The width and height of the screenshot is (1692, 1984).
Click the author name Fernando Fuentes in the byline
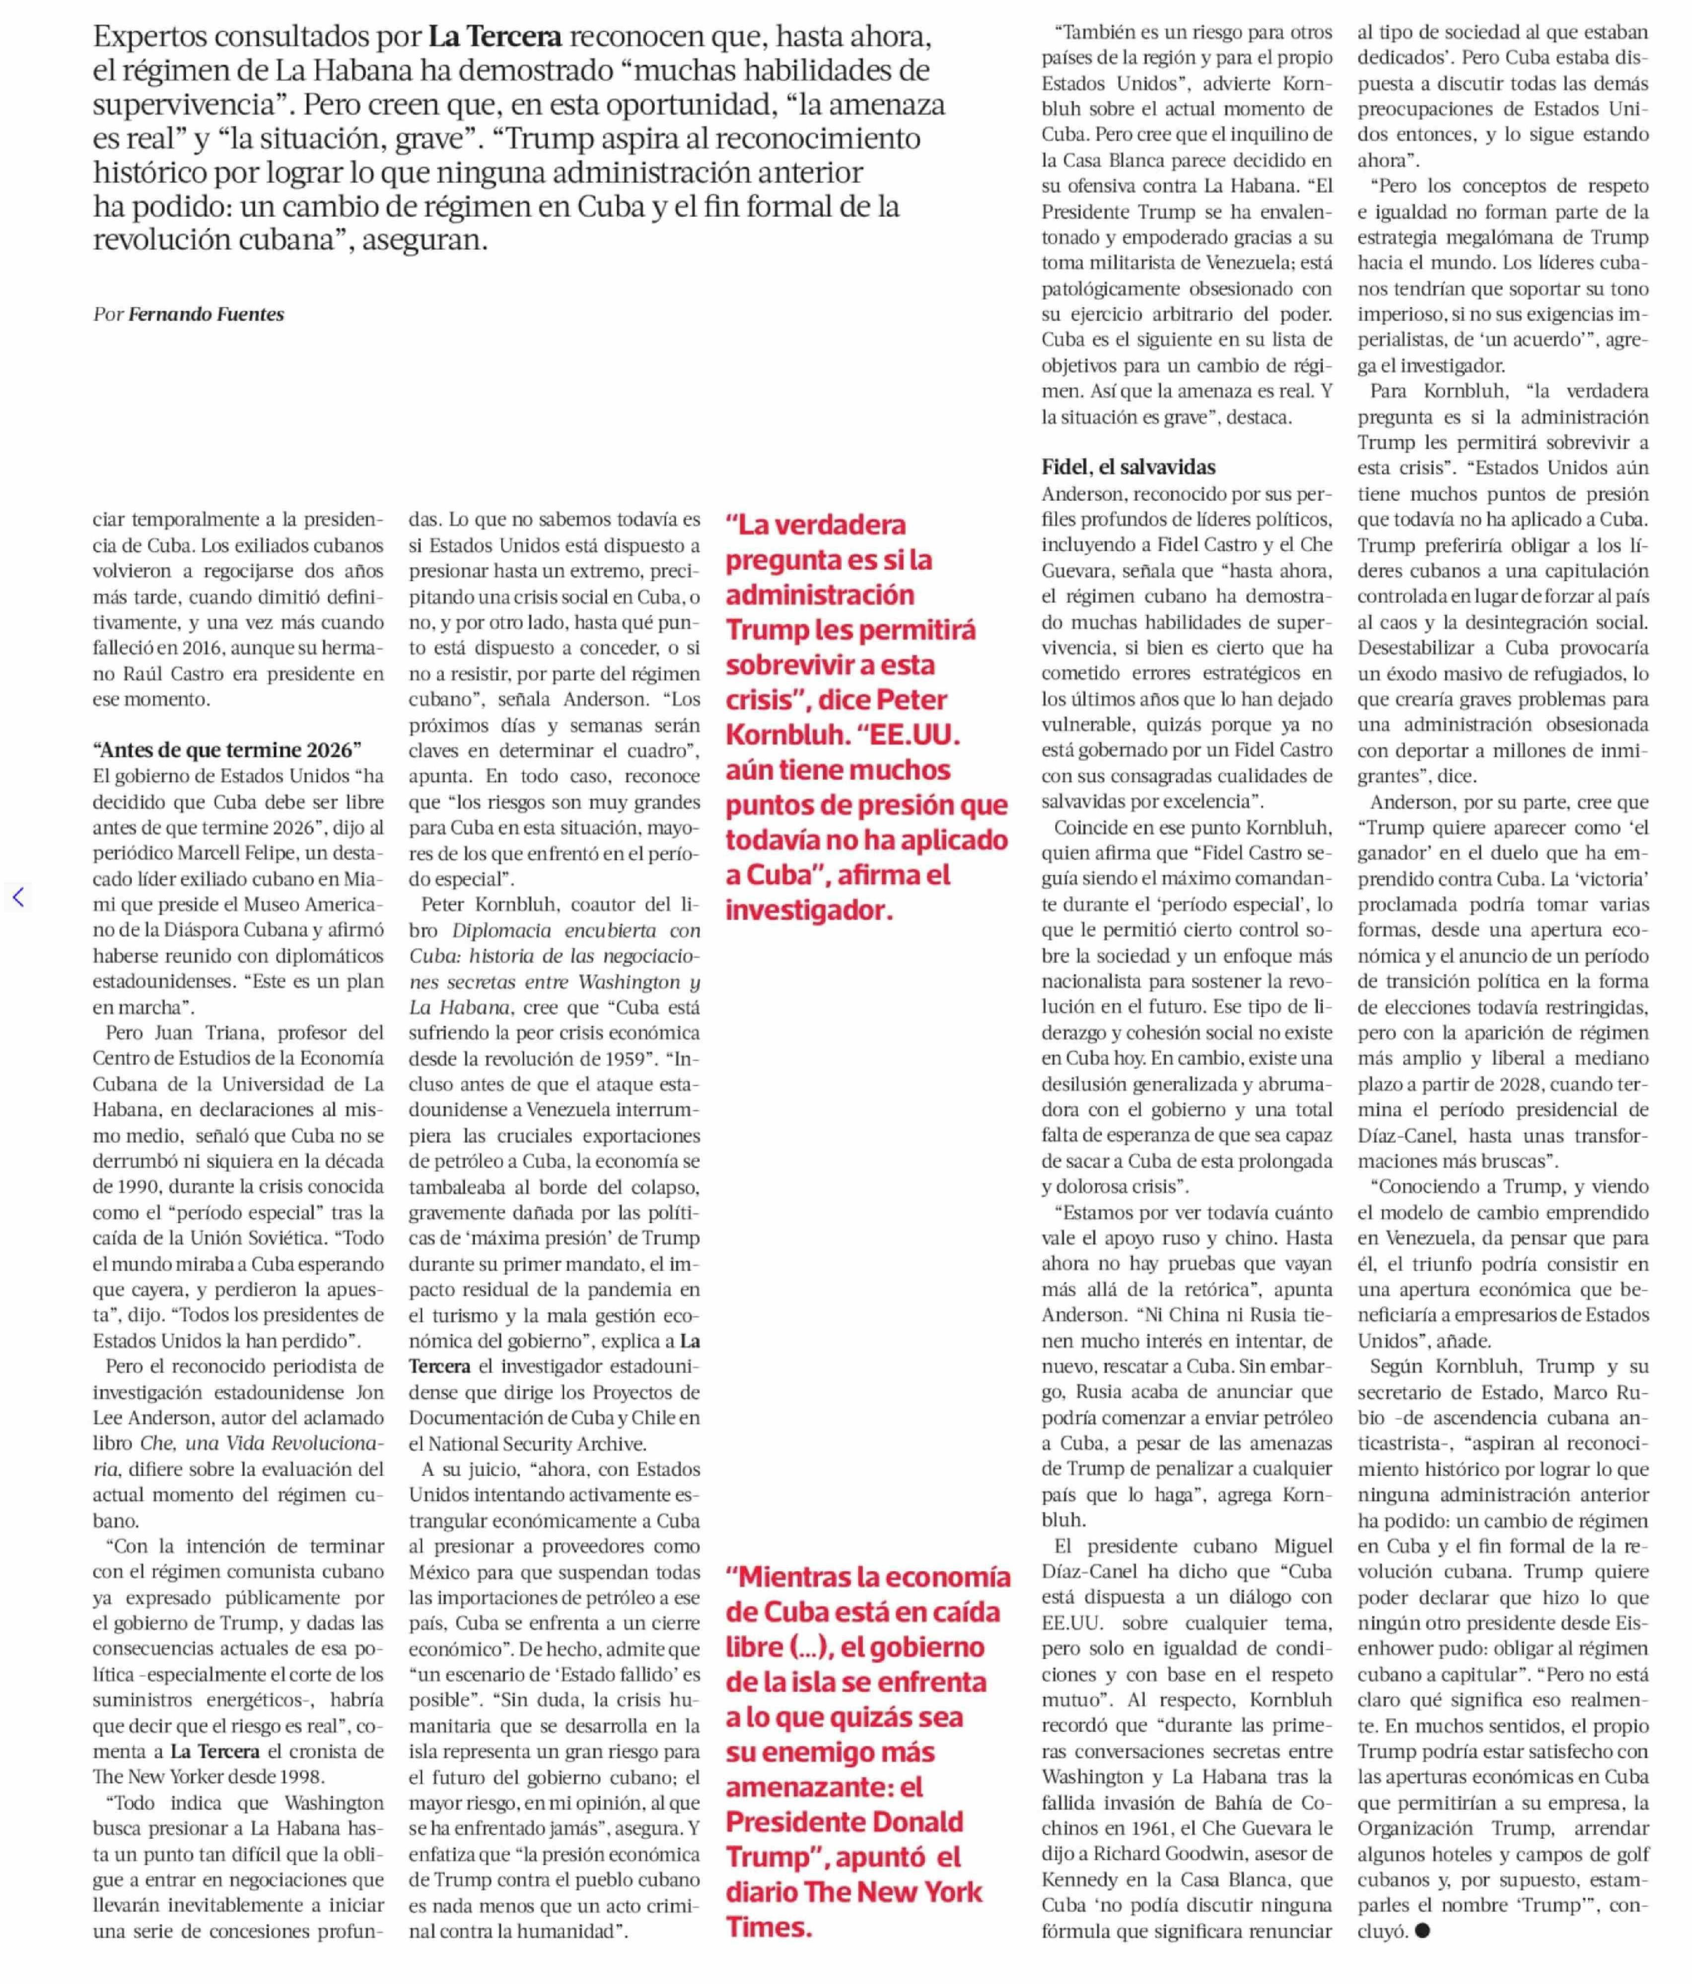pos(206,314)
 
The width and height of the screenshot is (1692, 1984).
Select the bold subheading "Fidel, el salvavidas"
pos(1128,467)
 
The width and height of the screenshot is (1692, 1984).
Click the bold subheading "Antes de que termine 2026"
pos(227,750)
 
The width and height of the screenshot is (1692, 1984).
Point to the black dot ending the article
pos(1422,1930)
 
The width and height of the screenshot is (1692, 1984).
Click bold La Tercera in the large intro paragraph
pos(495,36)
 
